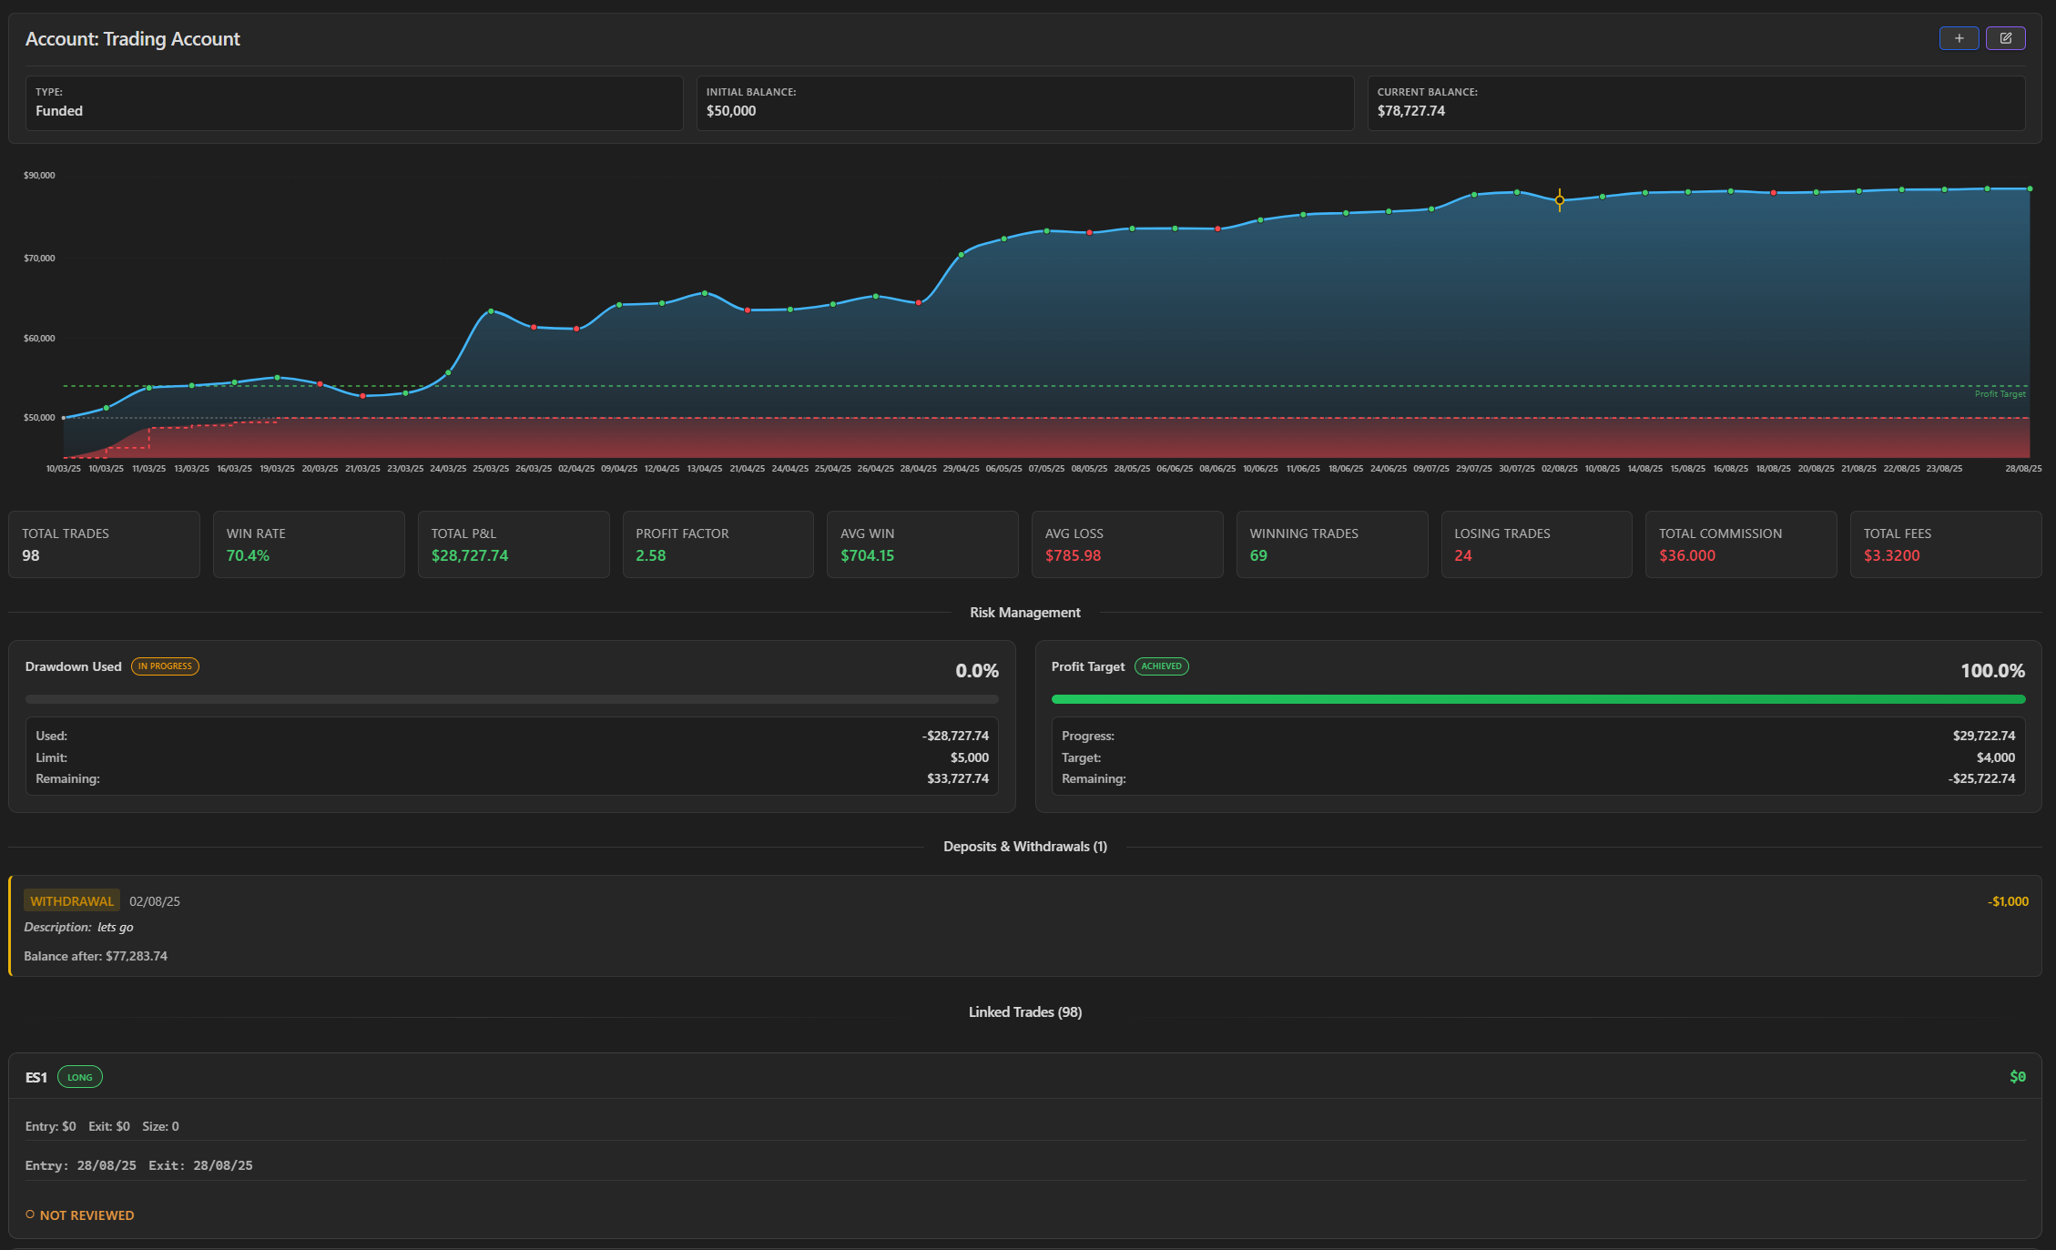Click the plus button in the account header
tap(1959, 38)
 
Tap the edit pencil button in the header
tap(2005, 38)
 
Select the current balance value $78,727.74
tap(1410, 111)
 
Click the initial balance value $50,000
tap(731, 111)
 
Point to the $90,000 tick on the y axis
tap(39, 175)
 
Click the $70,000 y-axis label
tap(39, 258)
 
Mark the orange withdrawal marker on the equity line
tap(1560, 200)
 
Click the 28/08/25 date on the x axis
tap(2023, 469)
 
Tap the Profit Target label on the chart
tap(2000, 394)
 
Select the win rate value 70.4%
tap(248, 555)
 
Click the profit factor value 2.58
tap(650, 555)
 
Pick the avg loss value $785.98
tap(1073, 555)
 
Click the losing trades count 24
tap(1462, 555)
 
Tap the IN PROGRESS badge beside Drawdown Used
tap(165, 666)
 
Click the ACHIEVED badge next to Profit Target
tap(1161, 666)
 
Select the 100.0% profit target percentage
tap(1992, 671)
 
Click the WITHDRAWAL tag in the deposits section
tap(72, 901)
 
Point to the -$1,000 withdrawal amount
tap(2008, 901)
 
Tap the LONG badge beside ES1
tap(80, 1077)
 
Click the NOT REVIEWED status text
tap(87, 1215)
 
